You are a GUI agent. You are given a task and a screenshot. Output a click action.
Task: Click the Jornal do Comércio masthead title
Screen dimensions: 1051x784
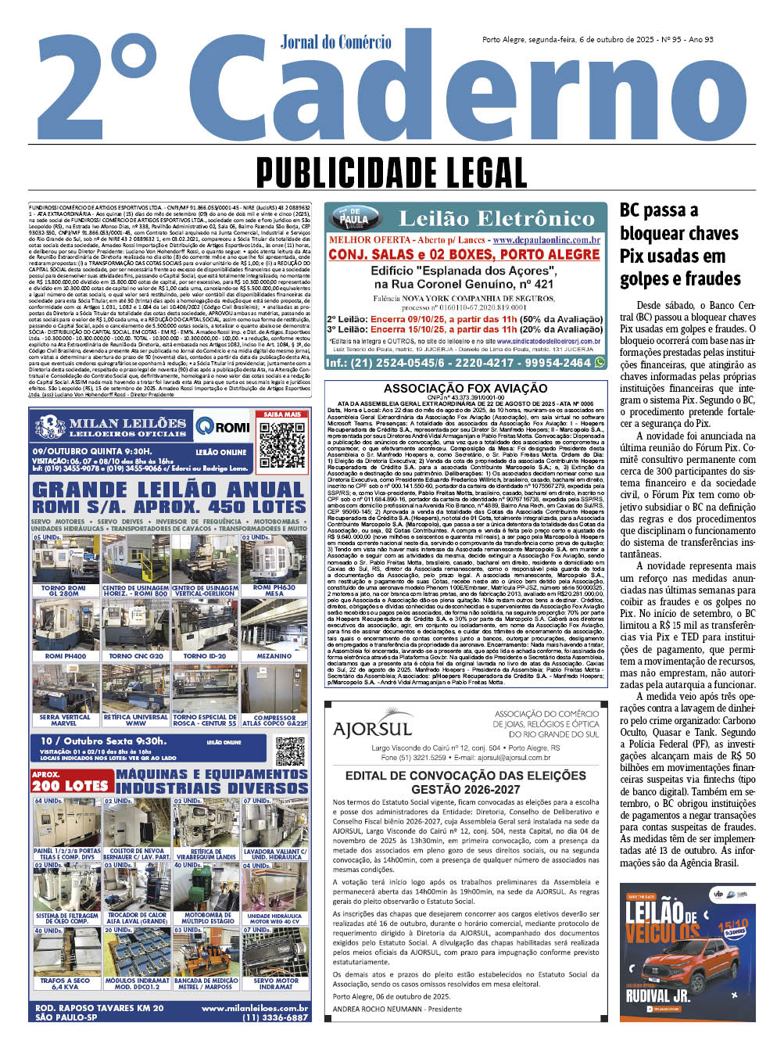pyautogui.click(x=335, y=41)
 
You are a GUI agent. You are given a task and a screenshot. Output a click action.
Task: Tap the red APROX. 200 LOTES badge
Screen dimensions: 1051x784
pyautogui.click(x=70, y=781)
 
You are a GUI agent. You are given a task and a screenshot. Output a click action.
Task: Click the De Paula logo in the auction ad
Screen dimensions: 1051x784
pyautogui.click(x=353, y=218)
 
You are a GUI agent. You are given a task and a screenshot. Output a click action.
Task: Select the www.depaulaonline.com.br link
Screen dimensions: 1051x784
pyautogui.click(x=546, y=240)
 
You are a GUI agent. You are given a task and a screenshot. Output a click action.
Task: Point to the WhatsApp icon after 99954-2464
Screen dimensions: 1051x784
pyautogui.click(x=600, y=363)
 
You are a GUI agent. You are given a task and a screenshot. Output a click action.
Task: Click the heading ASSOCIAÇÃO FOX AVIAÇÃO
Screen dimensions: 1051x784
pyautogui.click(x=465, y=388)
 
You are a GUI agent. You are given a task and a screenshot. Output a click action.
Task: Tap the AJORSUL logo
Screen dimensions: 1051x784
pyautogui.click(x=372, y=729)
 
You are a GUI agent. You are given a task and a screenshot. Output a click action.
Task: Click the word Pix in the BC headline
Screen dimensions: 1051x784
pyautogui.click(x=633, y=256)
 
